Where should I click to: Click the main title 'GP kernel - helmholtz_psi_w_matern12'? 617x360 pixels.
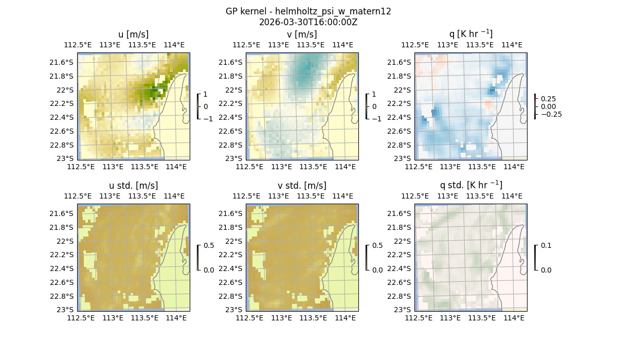[x=308, y=11]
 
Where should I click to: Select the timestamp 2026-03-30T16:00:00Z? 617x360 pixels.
[x=308, y=22]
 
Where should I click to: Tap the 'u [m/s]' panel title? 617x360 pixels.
[x=133, y=34]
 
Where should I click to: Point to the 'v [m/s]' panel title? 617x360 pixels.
[x=302, y=34]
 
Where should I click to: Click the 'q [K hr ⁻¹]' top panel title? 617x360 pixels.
[x=470, y=34]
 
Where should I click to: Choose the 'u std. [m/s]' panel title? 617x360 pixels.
[x=133, y=186]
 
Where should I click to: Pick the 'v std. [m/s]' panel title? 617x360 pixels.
[x=302, y=186]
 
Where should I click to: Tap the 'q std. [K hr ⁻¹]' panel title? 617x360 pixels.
[x=470, y=185]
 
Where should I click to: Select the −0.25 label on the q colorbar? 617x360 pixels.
[x=551, y=114]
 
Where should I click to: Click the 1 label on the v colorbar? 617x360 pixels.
[x=374, y=95]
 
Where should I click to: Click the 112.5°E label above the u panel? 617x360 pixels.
[x=78, y=45]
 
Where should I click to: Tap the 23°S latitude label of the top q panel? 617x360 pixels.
[x=405, y=158]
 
